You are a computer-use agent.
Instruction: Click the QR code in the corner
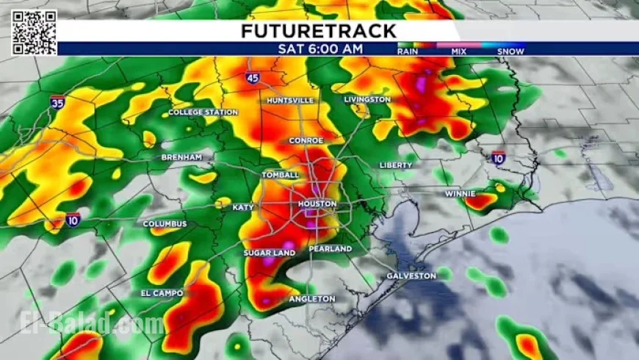34,32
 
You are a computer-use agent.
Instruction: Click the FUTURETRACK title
318,31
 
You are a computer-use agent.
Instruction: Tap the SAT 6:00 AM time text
320,49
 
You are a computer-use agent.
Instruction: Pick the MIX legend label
459,52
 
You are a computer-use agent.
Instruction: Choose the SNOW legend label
510,52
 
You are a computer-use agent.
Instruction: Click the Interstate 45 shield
253,77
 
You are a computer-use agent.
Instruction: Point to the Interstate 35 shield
57,104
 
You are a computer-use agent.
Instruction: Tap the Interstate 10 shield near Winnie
498,157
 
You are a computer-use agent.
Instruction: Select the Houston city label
317,204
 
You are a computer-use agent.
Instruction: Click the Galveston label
411,276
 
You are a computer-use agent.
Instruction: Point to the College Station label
203,112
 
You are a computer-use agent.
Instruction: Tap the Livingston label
367,99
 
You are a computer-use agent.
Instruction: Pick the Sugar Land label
270,253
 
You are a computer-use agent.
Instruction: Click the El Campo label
162,293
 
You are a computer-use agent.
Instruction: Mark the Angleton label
312,299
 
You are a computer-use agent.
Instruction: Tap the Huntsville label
290,100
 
